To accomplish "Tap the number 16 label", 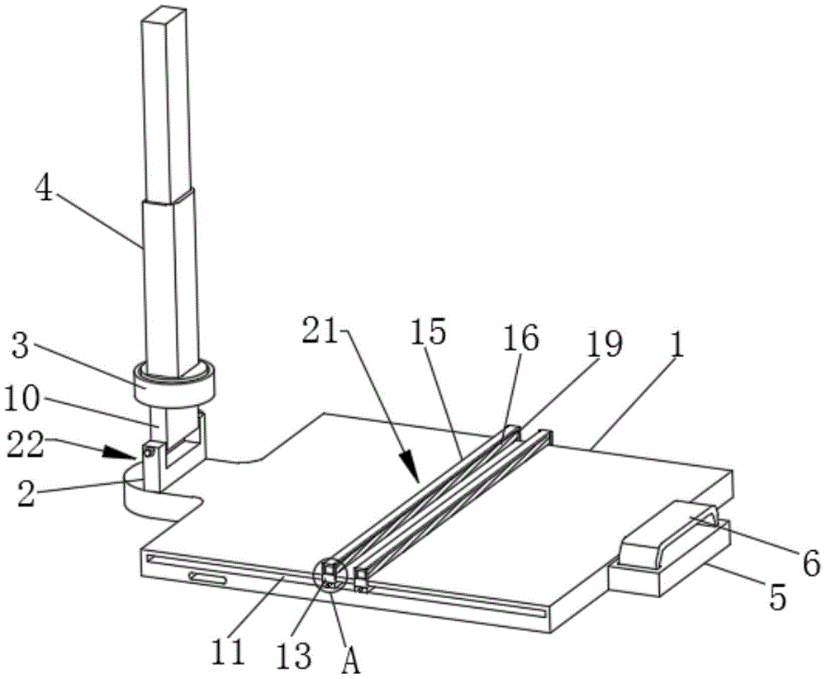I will point(524,339).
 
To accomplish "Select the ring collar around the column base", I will point(173,382).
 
